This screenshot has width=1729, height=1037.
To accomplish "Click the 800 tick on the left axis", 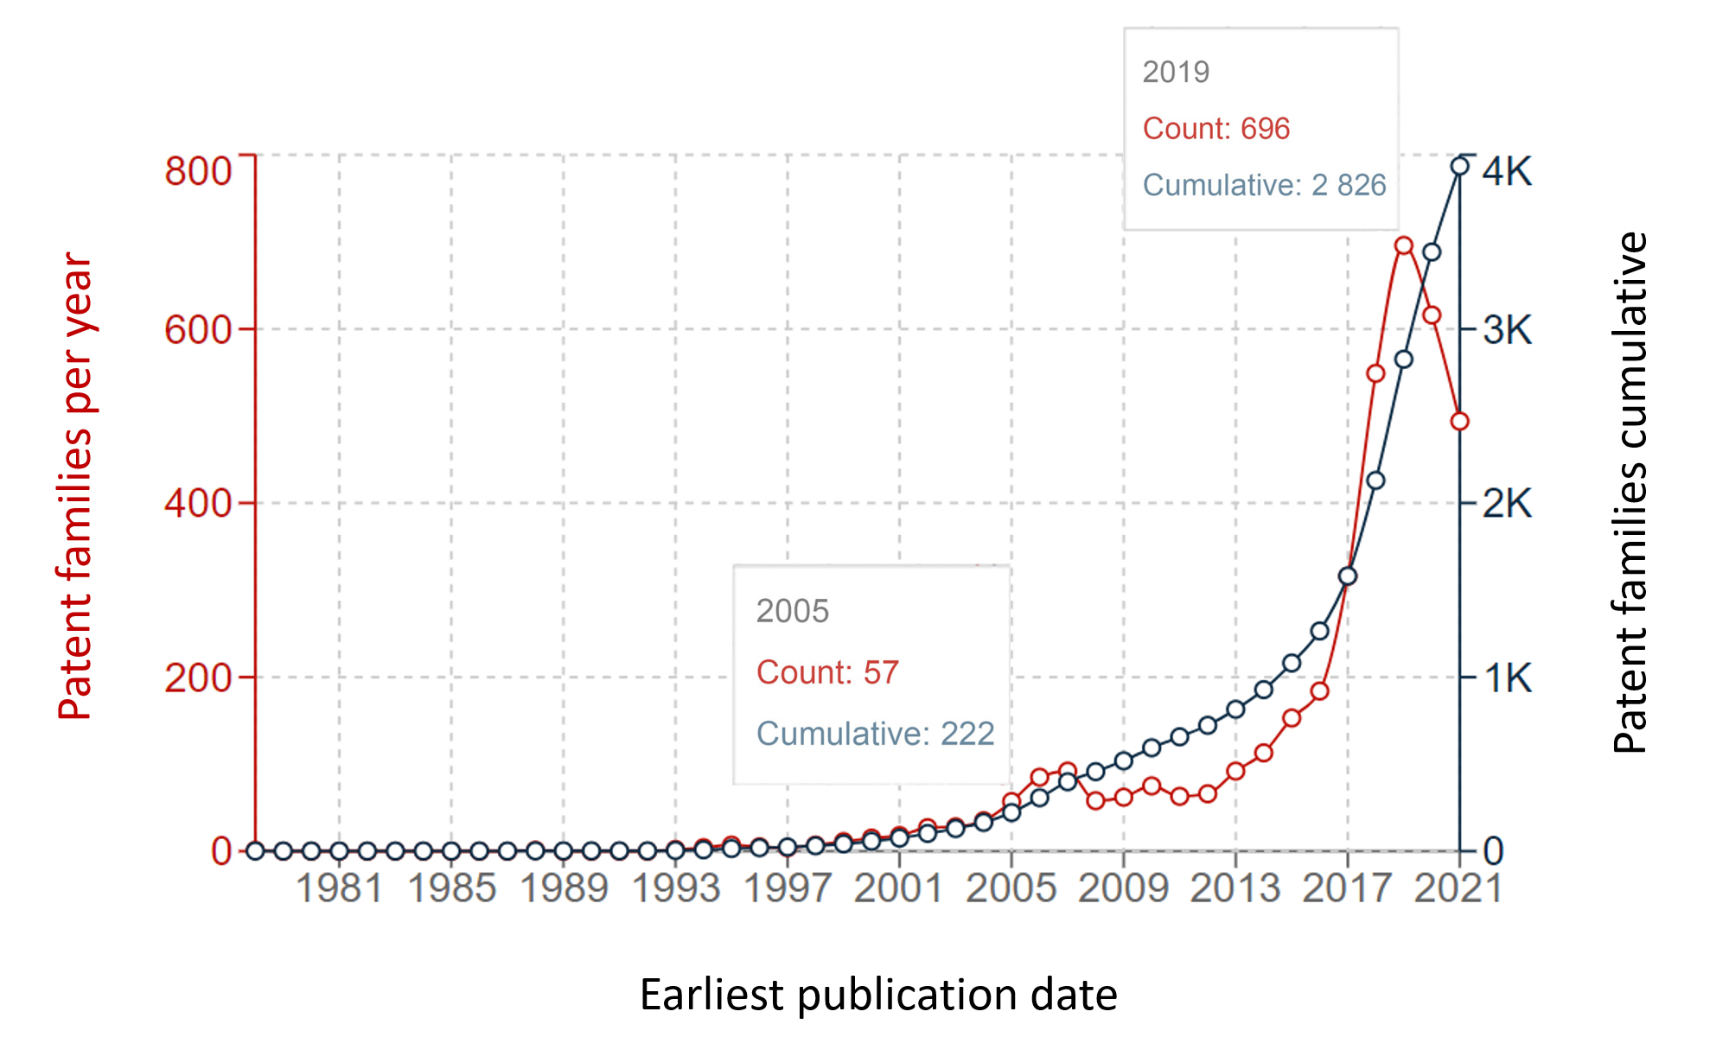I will coord(198,171).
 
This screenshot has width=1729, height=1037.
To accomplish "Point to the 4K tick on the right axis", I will coord(1507,171).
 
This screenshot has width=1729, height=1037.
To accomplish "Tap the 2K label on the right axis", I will coord(1507,503).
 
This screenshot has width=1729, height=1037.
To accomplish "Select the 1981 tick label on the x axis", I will coord(339,888).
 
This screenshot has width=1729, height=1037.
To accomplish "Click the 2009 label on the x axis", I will coord(1123,888).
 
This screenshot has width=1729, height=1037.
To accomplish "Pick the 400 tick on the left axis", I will coord(198,503).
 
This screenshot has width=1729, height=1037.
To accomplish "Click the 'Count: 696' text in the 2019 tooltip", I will coord(1215,129).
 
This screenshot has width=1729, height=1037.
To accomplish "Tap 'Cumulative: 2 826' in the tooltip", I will coord(1264,185).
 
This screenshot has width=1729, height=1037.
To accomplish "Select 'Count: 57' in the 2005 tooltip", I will coord(827,672).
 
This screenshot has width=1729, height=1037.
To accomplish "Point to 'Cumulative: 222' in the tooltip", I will coord(875,734).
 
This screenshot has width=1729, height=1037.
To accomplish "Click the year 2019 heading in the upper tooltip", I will coord(1176,73).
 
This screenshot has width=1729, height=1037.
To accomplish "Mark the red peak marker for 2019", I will coord(1403,246).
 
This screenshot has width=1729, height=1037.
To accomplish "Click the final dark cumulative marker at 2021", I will coord(1459,166).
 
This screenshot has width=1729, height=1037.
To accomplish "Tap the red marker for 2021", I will coord(1459,422).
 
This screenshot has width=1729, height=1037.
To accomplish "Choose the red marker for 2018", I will coord(1375,373).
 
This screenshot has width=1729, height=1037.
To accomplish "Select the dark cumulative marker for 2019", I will coord(1403,359).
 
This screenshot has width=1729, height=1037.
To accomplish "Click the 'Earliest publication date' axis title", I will coord(878,995).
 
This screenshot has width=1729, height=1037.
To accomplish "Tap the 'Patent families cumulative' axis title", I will coord(1630,493).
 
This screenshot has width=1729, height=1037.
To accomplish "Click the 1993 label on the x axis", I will coord(676,888).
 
